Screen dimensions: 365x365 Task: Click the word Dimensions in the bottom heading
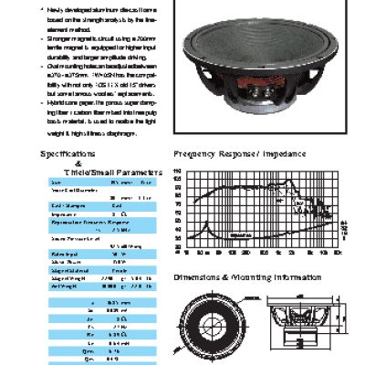(199, 275)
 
